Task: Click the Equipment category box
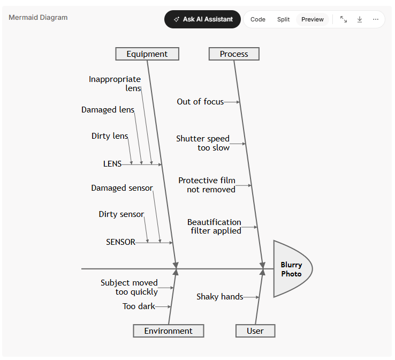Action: [x=147, y=54]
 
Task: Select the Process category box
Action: [x=234, y=54]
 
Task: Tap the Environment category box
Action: [x=169, y=331]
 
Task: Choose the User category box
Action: [x=255, y=331]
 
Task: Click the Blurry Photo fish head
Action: [x=292, y=269]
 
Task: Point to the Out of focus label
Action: [x=200, y=102]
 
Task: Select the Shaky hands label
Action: [x=220, y=297]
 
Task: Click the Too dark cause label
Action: [x=139, y=306]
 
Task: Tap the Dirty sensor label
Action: [x=121, y=214]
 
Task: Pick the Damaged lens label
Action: [x=108, y=110]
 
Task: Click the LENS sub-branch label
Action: [x=112, y=164]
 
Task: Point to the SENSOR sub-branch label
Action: [x=120, y=242]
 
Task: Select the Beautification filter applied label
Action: [x=215, y=227]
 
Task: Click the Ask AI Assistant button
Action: [x=202, y=19]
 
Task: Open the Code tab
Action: [x=257, y=19]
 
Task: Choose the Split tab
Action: [x=283, y=19]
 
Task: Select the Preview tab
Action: [x=313, y=19]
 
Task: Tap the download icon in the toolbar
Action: [x=360, y=19]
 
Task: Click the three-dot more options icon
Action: [x=376, y=19]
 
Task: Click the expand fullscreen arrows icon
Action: [x=344, y=19]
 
